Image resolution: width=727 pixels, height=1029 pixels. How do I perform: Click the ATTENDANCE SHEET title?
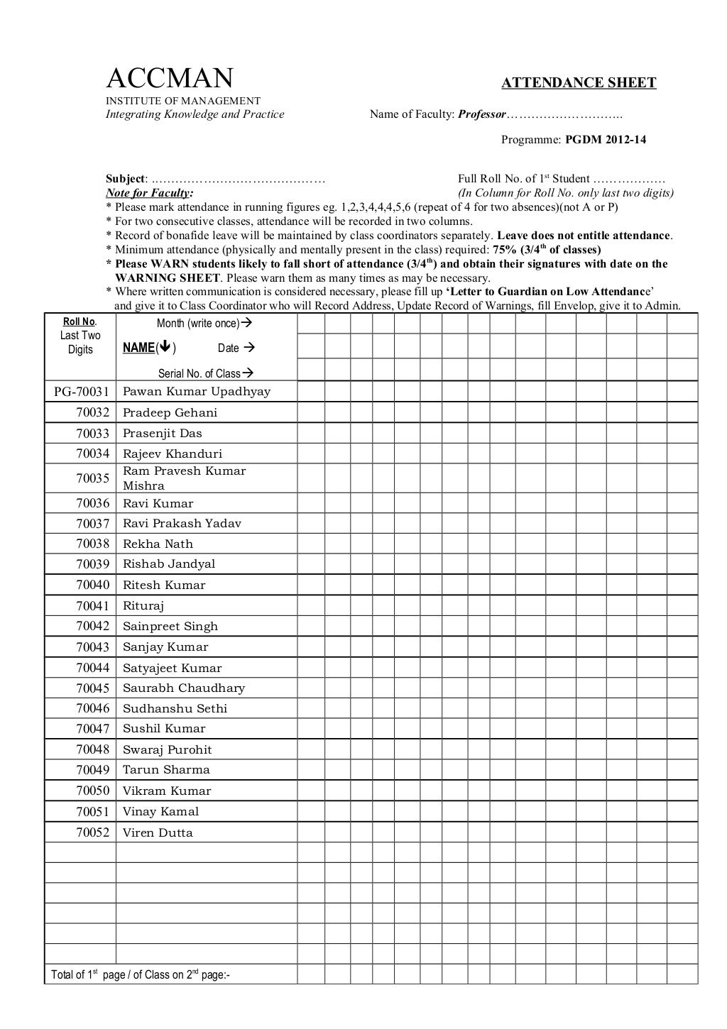[579, 83]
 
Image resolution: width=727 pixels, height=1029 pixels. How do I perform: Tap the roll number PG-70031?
[81, 392]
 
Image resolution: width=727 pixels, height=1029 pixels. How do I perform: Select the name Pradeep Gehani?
[170, 413]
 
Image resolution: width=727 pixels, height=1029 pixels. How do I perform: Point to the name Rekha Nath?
[158, 544]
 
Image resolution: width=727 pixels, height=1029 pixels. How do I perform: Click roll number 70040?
[93, 585]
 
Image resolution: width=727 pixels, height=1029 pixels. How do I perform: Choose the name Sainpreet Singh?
[170, 627]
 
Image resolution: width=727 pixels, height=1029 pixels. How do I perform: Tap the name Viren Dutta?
[158, 833]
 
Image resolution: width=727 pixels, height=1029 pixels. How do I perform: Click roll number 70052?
[93, 833]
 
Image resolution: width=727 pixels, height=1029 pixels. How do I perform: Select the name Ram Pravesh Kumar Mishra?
[184, 478]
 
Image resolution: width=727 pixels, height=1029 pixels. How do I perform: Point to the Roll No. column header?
[80, 322]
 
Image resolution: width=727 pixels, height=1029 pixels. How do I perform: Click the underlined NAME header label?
[138, 348]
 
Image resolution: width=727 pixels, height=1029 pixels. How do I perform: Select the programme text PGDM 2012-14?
[606, 140]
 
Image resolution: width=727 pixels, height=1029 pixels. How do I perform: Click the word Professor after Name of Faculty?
[482, 114]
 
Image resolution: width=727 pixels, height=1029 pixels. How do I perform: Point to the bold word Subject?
[126, 179]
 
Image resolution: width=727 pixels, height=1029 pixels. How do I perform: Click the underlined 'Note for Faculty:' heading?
[149, 193]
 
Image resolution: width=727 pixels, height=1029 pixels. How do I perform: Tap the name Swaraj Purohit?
[167, 750]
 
